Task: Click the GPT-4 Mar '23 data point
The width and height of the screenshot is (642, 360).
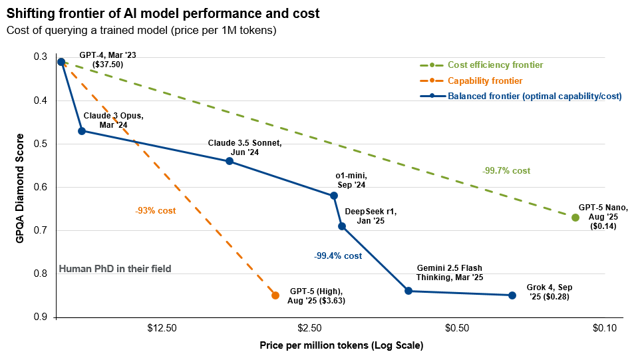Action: pos(61,62)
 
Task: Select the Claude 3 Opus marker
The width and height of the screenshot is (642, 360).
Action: pos(82,131)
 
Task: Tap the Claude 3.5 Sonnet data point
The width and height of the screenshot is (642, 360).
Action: pos(230,161)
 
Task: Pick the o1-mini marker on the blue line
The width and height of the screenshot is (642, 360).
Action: pos(334,196)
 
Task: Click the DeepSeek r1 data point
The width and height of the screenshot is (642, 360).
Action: pos(342,226)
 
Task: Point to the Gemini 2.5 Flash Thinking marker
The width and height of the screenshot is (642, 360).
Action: pos(408,291)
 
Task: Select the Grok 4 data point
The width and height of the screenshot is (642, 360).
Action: pos(512,295)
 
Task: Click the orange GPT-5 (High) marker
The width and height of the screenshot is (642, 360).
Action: pos(275,295)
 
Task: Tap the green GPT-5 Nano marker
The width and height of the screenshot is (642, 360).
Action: pos(575,218)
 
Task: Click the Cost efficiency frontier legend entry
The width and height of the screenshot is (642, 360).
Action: pos(495,65)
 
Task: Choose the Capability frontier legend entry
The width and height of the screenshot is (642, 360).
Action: pos(480,81)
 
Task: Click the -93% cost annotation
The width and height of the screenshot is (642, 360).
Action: pos(155,210)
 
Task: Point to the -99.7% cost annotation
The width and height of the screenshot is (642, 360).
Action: pos(506,171)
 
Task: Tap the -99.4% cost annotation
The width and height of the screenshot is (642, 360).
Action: pos(338,256)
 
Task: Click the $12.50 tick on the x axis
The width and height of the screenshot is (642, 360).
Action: pos(162,328)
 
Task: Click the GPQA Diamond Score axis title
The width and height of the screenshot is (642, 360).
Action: pos(20,187)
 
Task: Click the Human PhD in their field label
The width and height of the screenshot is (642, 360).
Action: pos(115,269)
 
